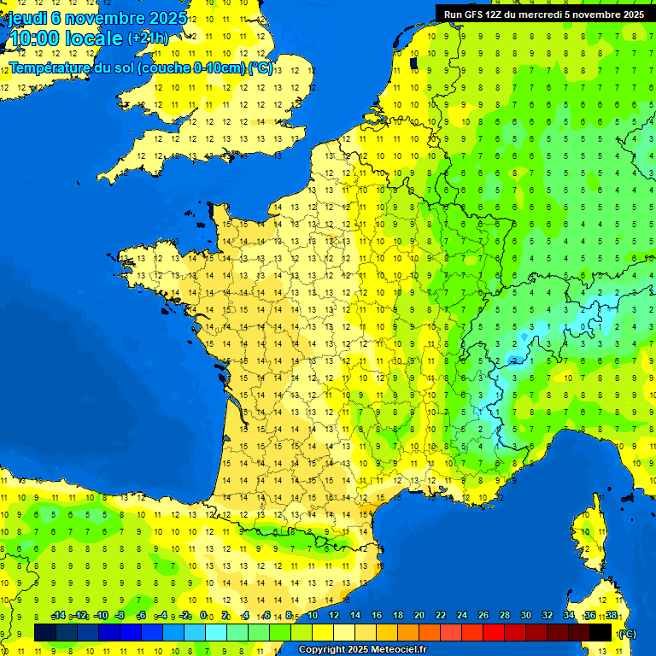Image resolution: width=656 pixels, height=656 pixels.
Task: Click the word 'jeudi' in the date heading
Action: [x=26, y=17]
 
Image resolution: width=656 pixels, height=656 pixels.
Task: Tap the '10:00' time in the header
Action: [x=33, y=38]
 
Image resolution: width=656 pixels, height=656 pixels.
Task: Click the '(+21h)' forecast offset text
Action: [x=148, y=38]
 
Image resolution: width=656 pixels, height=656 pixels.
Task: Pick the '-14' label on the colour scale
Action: [x=58, y=616]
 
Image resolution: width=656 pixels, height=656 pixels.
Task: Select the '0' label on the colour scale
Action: [x=203, y=616]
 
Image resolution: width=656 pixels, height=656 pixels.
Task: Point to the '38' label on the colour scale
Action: [x=612, y=616]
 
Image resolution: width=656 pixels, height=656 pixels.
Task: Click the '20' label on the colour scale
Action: [x=419, y=616]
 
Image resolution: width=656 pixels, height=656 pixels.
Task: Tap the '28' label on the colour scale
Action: [x=505, y=616]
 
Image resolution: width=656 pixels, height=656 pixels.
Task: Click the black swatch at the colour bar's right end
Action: [x=600, y=632]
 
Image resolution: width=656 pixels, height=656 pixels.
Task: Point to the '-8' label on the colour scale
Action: [x=120, y=616]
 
